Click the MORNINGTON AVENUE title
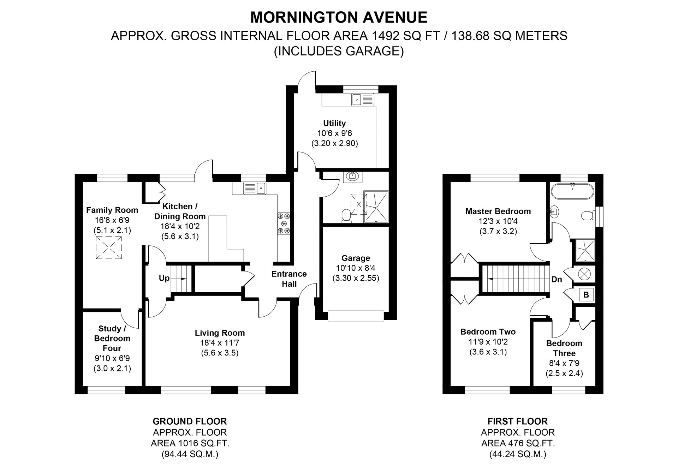coord(339,17)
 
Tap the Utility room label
coord(334,123)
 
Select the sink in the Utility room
coord(363,100)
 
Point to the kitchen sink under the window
coord(255,188)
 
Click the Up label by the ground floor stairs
coord(164,278)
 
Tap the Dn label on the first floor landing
coord(557,279)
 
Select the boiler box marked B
coord(586,294)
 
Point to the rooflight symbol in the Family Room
coord(109,248)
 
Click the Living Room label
coord(220,333)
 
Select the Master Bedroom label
coord(498,211)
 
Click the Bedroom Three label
coord(564,348)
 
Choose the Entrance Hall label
coord(289,279)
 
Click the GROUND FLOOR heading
coord(190,421)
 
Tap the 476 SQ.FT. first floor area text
coord(518,443)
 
